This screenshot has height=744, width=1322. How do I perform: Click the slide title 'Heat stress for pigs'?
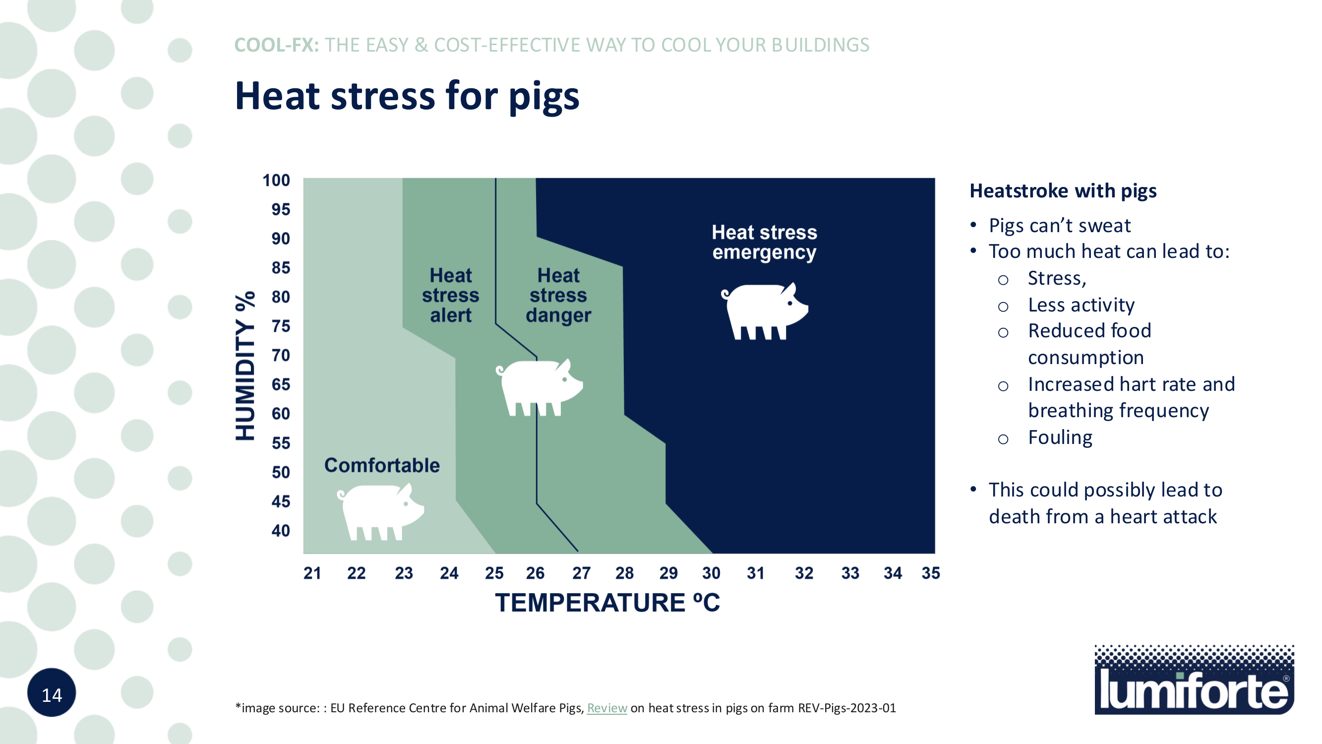(x=407, y=96)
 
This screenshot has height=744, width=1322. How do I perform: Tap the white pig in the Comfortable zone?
(x=381, y=511)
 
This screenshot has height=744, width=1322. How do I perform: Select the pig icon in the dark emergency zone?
(x=765, y=311)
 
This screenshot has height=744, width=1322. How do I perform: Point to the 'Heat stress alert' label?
(x=450, y=295)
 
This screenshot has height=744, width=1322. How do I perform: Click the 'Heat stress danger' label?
(x=558, y=295)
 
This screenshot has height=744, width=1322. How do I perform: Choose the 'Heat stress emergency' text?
(x=764, y=243)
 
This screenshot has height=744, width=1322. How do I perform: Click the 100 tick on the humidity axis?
(x=276, y=180)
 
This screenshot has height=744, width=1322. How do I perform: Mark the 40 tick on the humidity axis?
(x=281, y=530)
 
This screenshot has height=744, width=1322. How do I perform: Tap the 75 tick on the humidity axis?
(x=281, y=326)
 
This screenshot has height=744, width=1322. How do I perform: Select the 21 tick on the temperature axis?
(x=312, y=573)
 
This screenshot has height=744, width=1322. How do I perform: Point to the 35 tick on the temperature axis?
(x=930, y=573)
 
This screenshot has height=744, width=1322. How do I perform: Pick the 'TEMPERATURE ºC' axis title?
(x=607, y=603)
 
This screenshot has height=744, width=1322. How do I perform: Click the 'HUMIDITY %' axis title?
(x=245, y=366)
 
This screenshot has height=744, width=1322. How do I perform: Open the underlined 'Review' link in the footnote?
(x=606, y=708)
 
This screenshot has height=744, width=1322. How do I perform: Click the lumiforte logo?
(x=1194, y=680)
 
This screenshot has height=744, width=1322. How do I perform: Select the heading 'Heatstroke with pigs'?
(x=1063, y=191)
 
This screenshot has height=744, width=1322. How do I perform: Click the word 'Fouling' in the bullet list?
(x=1060, y=437)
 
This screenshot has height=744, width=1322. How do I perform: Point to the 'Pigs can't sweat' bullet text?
(x=1059, y=226)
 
